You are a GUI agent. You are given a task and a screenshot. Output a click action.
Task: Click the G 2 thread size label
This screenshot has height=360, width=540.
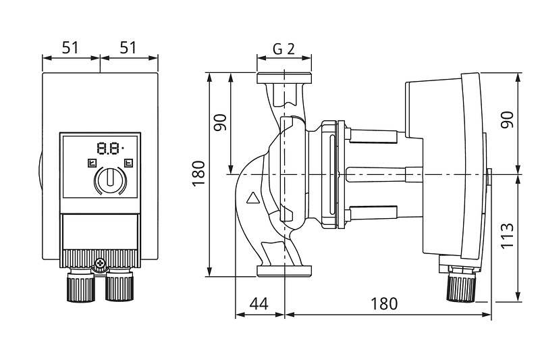click(x=284, y=49)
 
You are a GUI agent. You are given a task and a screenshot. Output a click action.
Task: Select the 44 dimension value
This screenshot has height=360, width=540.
click(x=259, y=304)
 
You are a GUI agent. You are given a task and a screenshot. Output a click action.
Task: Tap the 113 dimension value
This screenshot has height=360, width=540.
click(x=507, y=236)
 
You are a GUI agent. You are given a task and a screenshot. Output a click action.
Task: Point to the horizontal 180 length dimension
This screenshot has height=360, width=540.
click(x=383, y=304)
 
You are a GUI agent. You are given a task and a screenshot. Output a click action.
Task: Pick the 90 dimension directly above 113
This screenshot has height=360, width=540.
click(x=507, y=120)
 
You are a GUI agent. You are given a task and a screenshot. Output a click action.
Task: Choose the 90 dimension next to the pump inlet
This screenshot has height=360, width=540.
click(x=220, y=122)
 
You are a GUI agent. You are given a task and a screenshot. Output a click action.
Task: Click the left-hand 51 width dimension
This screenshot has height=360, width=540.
click(x=70, y=47)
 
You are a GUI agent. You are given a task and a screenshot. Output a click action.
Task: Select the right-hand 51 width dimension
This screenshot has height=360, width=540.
click(x=128, y=47)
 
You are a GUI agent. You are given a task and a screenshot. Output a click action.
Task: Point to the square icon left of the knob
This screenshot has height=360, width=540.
click(x=92, y=163)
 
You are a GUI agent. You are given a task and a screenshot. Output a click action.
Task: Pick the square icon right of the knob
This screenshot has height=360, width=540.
click(x=128, y=163)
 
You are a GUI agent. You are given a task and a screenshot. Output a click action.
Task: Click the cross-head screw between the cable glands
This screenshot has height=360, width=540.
click(x=100, y=263)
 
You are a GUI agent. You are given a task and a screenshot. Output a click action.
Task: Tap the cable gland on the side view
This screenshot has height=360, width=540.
click(x=461, y=284)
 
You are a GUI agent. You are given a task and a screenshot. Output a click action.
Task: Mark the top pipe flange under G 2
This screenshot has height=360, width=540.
click(x=284, y=78)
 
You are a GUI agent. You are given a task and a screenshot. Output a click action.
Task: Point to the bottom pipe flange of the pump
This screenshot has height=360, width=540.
click(x=284, y=271)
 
